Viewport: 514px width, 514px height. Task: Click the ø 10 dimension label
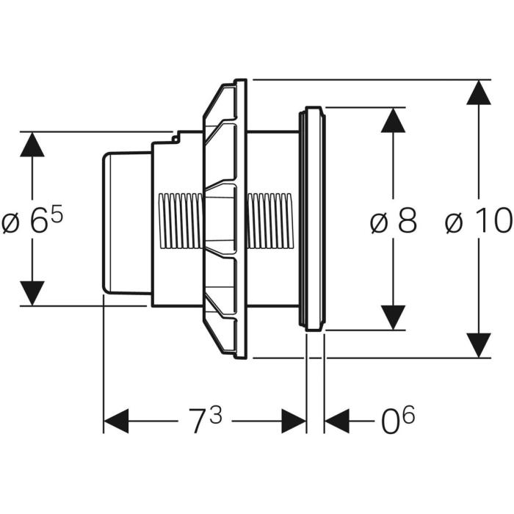[x=478, y=221]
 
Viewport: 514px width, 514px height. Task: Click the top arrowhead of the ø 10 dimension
[x=479, y=92]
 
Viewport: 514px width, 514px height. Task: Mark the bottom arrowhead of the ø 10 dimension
[x=479, y=345]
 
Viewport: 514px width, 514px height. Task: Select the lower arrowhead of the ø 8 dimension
[x=394, y=318]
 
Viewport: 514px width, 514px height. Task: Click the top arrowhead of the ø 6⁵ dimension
[x=31, y=144]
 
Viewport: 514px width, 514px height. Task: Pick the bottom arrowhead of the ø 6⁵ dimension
[x=31, y=293]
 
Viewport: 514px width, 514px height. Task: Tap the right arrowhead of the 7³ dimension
[x=294, y=421]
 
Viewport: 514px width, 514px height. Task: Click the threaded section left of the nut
[x=181, y=220]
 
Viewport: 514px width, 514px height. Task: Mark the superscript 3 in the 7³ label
[x=215, y=415]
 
